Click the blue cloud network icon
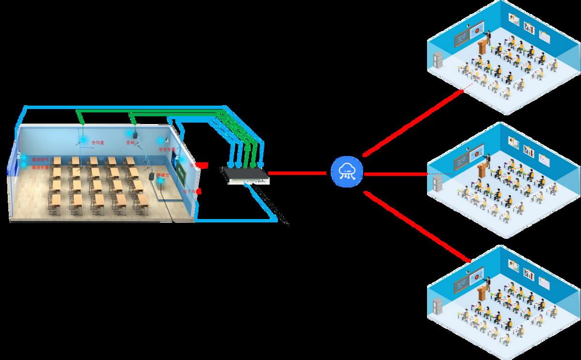click(347, 173)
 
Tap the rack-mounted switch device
click(245, 175)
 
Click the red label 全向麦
click(98, 142)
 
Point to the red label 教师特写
click(40, 159)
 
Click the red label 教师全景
click(40, 168)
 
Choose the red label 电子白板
click(191, 192)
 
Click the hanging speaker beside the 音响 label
click(136, 133)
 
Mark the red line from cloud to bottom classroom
click(416, 226)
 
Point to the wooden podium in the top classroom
click(482, 47)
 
